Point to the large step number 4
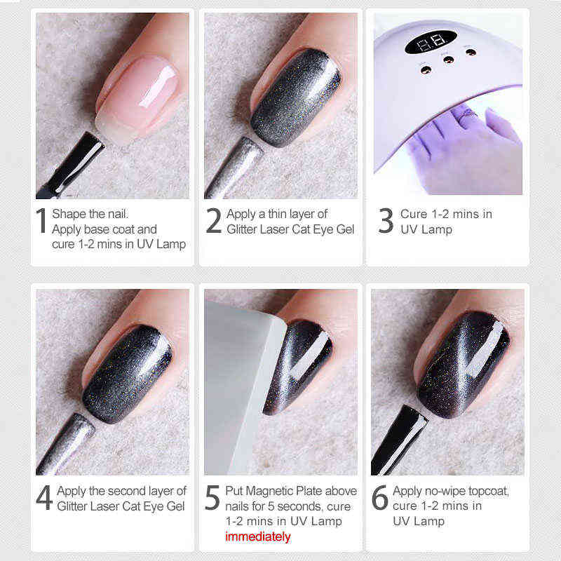click(43, 497)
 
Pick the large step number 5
click(212, 497)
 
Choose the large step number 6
click(379, 497)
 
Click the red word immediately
click(257, 536)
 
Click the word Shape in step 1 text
click(69, 214)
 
